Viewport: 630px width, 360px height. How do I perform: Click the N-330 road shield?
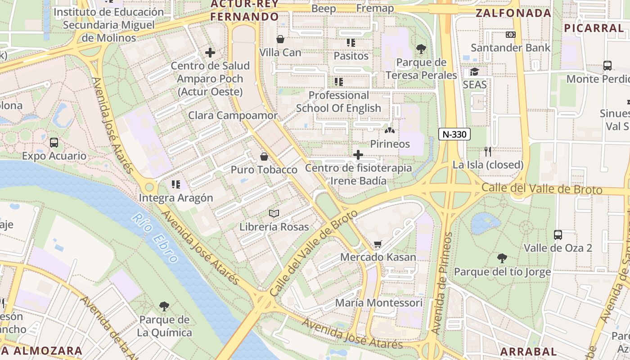[x=454, y=134]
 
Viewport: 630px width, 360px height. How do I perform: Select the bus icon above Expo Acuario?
[x=54, y=143]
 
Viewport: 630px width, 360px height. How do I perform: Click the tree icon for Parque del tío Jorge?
[x=502, y=258]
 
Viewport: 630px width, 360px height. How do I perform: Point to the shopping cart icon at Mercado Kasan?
[x=378, y=244]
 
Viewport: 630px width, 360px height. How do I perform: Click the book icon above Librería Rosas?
[x=274, y=213]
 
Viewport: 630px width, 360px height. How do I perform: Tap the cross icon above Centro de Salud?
[x=210, y=53]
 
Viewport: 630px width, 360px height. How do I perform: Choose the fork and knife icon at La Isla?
[x=488, y=151]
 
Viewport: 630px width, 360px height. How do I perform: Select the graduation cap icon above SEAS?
[x=475, y=72]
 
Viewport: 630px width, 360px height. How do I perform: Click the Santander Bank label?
[x=510, y=48]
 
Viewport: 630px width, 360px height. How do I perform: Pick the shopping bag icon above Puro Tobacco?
[x=264, y=157]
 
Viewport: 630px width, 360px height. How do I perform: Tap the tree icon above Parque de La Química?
[x=164, y=306]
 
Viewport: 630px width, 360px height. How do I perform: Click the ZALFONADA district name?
[x=513, y=13]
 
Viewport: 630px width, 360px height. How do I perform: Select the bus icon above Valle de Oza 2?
[x=558, y=234]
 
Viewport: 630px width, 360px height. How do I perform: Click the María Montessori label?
[x=379, y=302]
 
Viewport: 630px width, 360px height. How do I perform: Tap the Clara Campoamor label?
[x=233, y=115]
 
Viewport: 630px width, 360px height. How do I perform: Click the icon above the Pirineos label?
[x=390, y=130]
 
